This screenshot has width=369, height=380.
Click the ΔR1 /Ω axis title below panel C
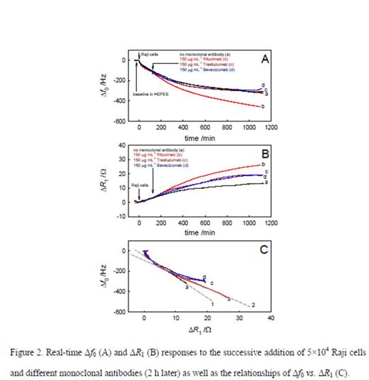(205, 329)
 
